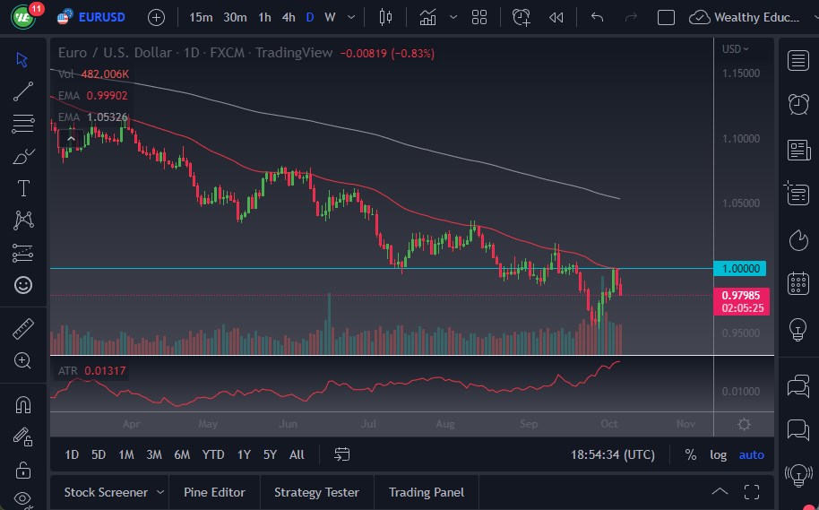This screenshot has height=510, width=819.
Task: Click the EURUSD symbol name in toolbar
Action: click(x=101, y=17)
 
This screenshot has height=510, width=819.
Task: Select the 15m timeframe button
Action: click(x=202, y=17)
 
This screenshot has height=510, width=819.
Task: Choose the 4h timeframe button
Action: click(x=288, y=17)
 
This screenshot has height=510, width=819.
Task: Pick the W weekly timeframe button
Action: click(x=330, y=17)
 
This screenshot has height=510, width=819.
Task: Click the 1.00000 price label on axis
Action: click(x=742, y=268)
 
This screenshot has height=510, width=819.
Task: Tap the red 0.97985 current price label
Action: click(x=742, y=295)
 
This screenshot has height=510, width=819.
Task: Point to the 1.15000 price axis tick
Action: click(x=742, y=73)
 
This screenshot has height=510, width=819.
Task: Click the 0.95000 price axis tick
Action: click(x=742, y=333)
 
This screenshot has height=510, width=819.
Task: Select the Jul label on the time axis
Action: click(x=368, y=424)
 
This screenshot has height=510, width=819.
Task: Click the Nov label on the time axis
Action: click(x=685, y=424)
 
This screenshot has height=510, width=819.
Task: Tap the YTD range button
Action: click(x=212, y=454)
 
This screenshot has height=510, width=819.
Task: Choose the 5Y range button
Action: click(x=270, y=454)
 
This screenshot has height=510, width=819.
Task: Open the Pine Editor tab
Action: click(x=213, y=492)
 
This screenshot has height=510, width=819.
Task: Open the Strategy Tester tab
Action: click(x=316, y=492)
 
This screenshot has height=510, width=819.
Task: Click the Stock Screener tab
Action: click(x=105, y=492)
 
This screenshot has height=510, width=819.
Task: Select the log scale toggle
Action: click(x=718, y=454)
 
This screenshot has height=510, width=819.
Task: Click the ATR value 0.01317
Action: click(x=106, y=370)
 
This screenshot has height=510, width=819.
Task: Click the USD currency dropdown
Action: click(x=736, y=49)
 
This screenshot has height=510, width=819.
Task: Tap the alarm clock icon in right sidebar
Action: click(x=797, y=104)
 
